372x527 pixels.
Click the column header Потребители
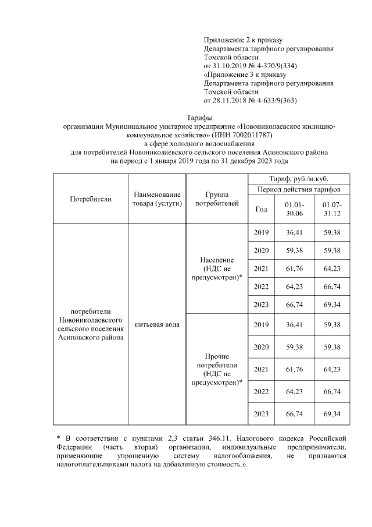point(91,199)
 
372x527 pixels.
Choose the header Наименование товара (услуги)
point(158,199)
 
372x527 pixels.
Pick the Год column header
point(262,210)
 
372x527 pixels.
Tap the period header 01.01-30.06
point(294,210)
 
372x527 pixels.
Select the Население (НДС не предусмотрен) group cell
point(217,268)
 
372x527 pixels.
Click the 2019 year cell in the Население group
point(262,233)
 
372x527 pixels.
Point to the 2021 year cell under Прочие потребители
point(262,369)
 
